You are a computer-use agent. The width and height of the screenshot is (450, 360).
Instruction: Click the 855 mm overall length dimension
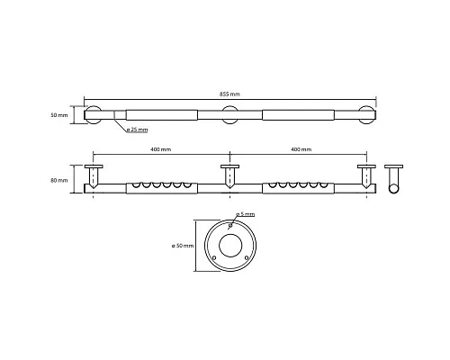[229, 94]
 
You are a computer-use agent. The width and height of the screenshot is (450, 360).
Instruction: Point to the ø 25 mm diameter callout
[138, 130]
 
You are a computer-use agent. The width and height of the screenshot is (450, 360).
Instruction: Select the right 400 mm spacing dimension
[301, 148]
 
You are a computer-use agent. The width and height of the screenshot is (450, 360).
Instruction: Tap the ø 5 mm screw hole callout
[246, 214]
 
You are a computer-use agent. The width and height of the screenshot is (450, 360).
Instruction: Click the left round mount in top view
[92, 115]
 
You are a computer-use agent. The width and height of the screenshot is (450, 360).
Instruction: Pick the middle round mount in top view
[229, 115]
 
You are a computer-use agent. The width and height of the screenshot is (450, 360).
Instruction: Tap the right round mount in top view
[366, 115]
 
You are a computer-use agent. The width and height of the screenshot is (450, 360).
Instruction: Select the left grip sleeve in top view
[160, 115]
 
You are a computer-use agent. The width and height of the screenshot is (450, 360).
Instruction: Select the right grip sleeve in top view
[298, 115]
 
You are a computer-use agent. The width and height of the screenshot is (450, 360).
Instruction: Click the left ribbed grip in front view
[160, 187]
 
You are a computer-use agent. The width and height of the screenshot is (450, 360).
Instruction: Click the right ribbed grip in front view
[298, 187]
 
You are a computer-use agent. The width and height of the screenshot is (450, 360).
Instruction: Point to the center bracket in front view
[229, 176]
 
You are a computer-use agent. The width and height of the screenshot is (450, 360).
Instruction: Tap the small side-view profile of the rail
[392, 179]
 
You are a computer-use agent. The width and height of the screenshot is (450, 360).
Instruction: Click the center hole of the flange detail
[229, 245]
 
